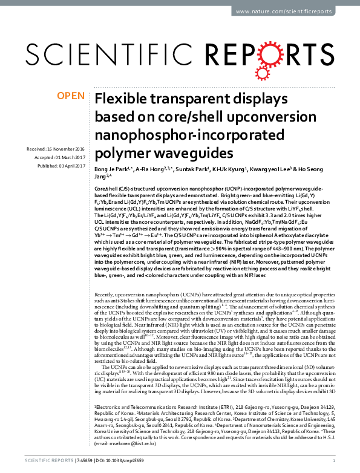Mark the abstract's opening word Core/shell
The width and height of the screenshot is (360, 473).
108,190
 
